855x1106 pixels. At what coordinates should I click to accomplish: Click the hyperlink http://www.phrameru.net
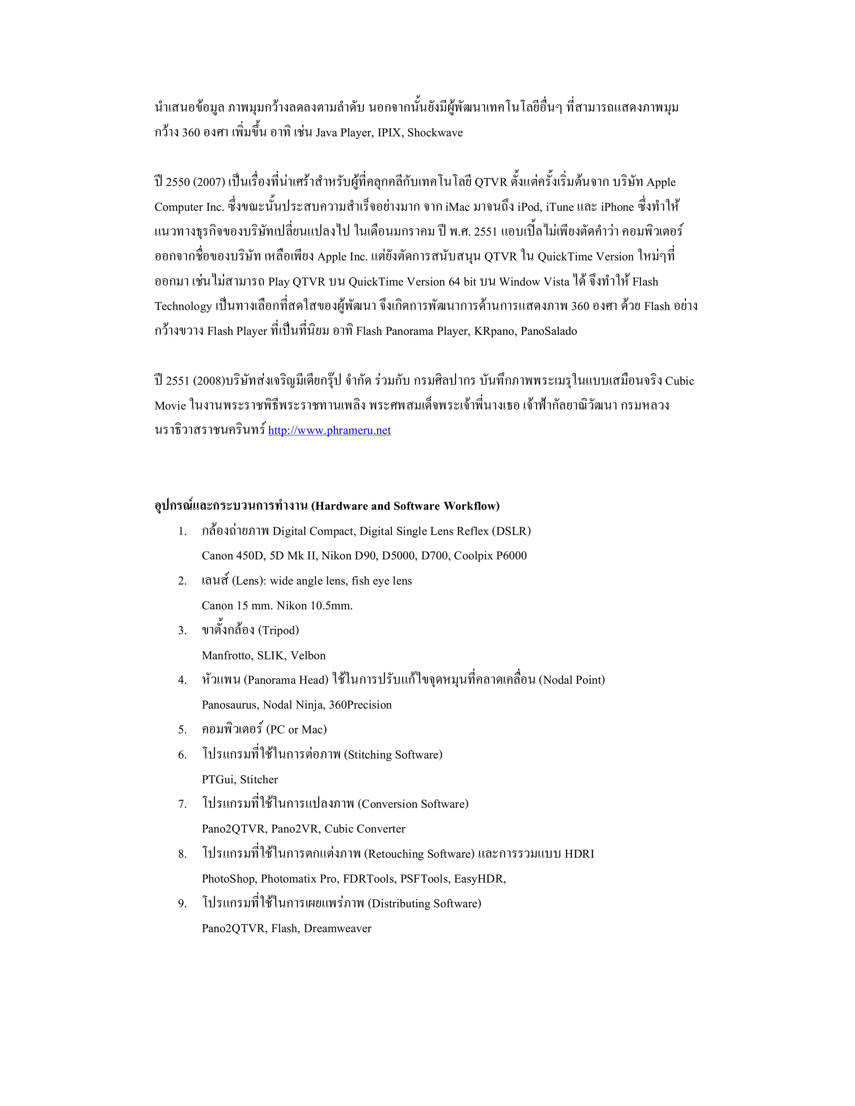click(329, 430)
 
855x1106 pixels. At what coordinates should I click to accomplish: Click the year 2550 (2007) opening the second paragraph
click(190, 182)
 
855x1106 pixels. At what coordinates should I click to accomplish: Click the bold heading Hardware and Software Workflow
click(405, 506)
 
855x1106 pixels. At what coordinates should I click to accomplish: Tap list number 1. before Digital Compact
click(182, 532)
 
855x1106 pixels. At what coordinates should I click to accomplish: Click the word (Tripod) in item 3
click(278, 631)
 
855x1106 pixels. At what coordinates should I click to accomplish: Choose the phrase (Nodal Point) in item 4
click(572, 680)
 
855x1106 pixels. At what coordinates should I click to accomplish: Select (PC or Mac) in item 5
click(296, 730)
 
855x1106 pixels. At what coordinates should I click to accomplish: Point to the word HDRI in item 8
click(579, 854)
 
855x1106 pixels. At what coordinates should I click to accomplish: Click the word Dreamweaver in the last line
click(337, 929)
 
